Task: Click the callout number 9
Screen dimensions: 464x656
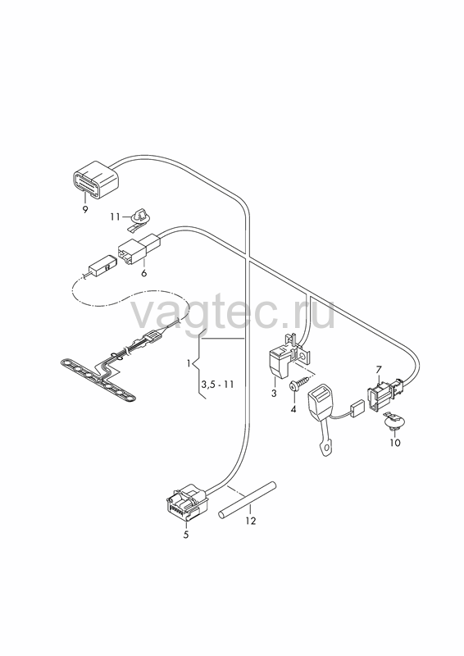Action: point(85,210)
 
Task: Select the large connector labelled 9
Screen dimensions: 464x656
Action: point(96,180)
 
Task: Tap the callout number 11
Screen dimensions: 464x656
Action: point(116,216)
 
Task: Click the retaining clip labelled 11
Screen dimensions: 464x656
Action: point(139,220)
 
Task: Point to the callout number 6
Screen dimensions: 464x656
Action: point(144,274)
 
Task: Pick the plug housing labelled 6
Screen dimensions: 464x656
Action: point(139,249)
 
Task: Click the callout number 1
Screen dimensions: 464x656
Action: point(189,363)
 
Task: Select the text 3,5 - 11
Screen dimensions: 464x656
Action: point(217,384)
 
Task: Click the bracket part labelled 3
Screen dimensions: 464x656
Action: point(287,356)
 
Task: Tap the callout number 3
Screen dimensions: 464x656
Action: point(274,394)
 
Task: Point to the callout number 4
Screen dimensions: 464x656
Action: point(293,408)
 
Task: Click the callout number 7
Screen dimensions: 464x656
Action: point(378,370)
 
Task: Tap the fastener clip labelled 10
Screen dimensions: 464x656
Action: point(393,421)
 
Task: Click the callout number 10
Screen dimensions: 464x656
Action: point(395,442)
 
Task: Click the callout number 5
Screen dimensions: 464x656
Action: point(186,535)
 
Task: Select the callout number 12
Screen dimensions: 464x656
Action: point(251,521)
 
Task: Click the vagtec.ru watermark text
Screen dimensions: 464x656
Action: point(233,312)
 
